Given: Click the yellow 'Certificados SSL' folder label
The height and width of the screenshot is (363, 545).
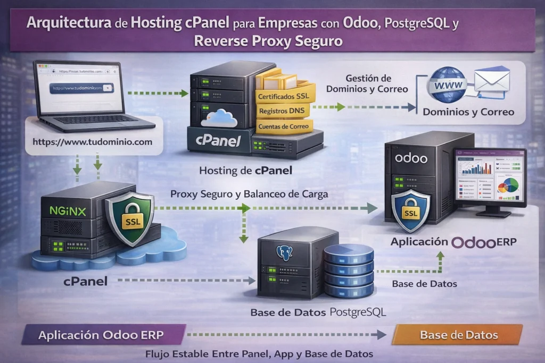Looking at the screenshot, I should pos(282,96).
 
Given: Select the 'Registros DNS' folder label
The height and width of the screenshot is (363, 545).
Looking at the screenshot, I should pos(282,112).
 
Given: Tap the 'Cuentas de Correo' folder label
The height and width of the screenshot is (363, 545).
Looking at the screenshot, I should pos(283,127).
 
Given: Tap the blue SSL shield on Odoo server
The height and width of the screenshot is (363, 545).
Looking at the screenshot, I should pos(410,211).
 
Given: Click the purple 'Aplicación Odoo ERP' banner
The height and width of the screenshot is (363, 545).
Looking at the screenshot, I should pos(101,335).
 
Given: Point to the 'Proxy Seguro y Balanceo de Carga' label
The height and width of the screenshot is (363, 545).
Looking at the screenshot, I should pos(249,195).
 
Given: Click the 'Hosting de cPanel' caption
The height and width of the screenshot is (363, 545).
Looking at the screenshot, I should pos(245,172).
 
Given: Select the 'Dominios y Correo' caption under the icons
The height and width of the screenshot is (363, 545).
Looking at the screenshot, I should pos(468,112).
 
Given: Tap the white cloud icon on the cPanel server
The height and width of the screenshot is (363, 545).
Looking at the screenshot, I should pos(219,119).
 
